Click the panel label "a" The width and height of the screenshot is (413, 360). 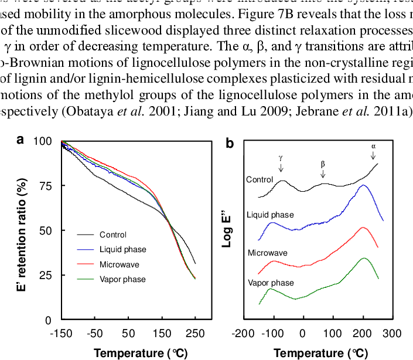pos(21,140)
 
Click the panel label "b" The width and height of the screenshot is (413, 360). pos(230,144)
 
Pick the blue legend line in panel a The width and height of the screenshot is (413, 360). pos(86,250)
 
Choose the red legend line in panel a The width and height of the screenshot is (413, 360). pos(86,264)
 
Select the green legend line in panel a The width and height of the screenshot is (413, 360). pos(86,279)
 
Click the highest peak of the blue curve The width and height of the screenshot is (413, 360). pos(364,185)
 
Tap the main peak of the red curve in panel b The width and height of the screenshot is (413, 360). pos(364,227)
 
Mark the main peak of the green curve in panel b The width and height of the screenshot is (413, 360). pos(364,258)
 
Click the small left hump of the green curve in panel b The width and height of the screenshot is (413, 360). pos(271,289)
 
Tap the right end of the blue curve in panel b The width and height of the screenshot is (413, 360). pos(383,220)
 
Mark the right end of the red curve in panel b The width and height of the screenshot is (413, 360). pos(378,247)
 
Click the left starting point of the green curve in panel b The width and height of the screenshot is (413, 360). pos(259,304)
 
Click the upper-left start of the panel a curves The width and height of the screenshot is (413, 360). pos(62,141)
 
